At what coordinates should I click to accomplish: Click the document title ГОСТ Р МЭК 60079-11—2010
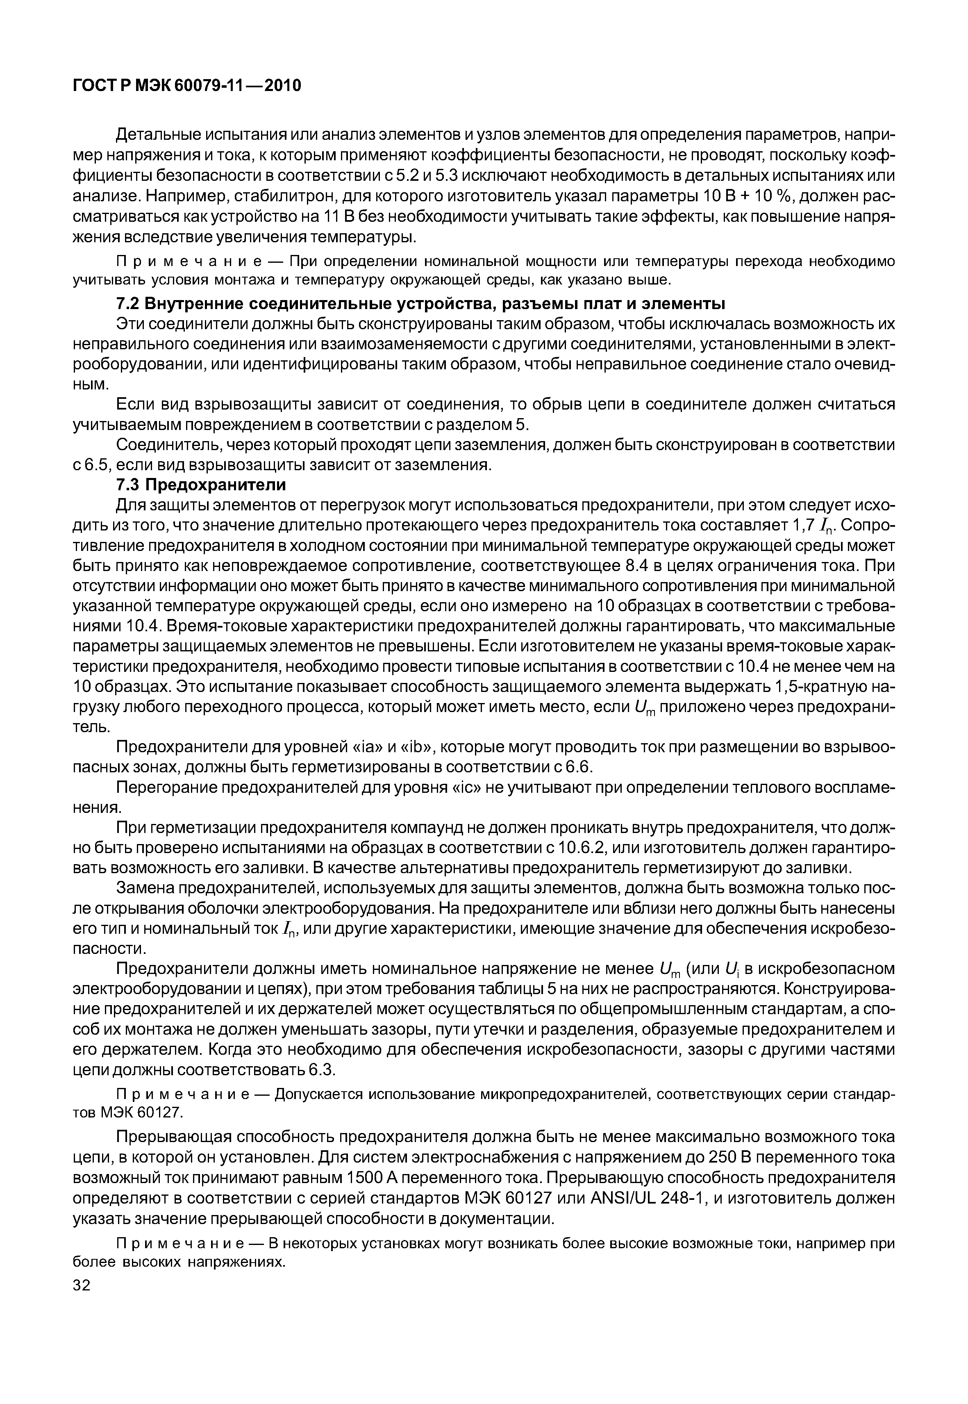coord(187,86)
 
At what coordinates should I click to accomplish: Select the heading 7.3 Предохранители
coord(201,485)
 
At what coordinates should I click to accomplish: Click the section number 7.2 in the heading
coord(127,303)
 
